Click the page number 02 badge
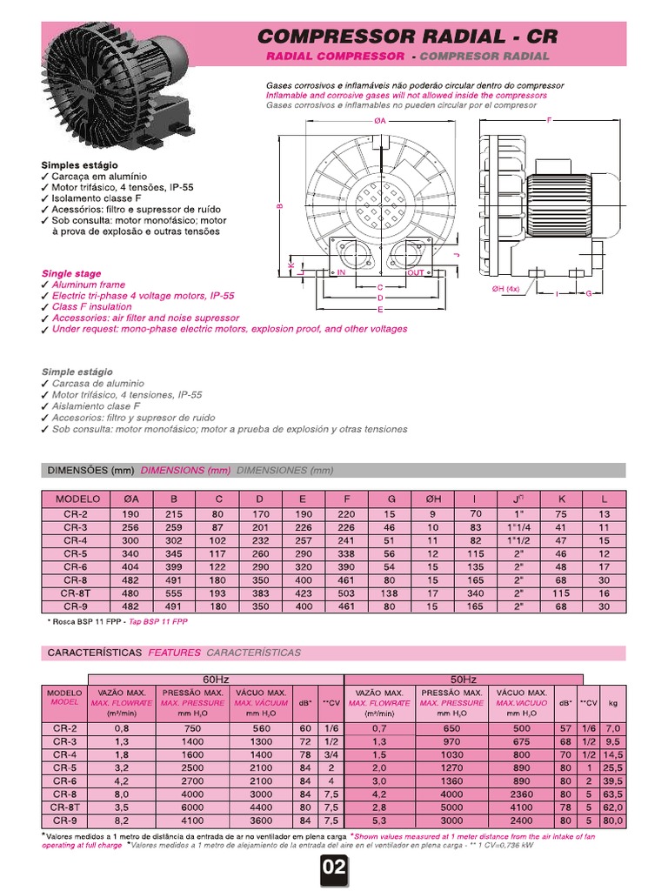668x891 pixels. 334,868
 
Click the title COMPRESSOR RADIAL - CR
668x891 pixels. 408,37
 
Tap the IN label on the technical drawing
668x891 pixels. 342,273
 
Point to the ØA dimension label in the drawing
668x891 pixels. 380,122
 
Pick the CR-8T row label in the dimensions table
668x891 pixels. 75,593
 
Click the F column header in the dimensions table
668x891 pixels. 347,499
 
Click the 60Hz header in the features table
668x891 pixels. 216,679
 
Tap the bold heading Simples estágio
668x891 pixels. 79,164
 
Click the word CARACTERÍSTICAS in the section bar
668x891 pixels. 93,653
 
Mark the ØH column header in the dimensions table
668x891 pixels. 432,499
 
